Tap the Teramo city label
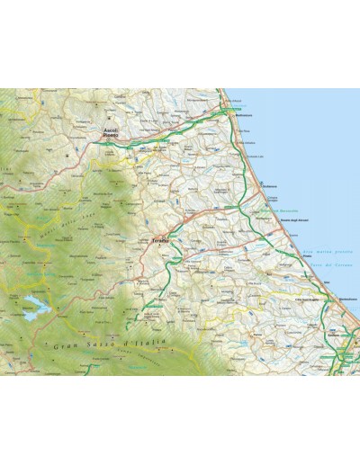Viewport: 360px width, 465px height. [x=159, y=241]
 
